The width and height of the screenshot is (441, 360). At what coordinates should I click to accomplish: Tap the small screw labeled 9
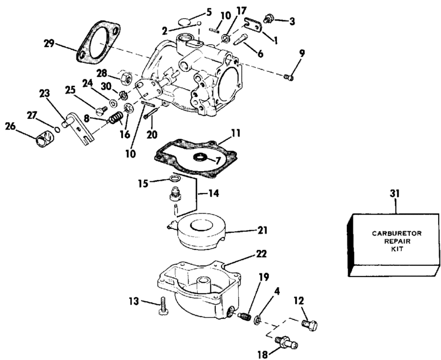288,77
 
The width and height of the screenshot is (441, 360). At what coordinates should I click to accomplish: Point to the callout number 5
209,11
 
